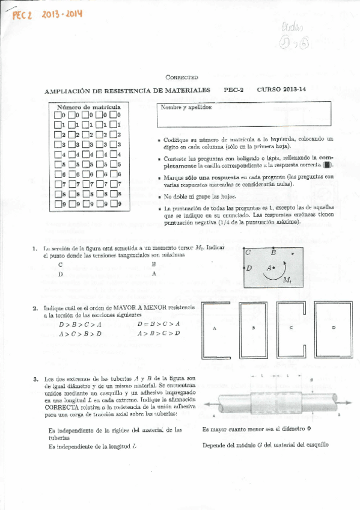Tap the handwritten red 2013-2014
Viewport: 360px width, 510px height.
pyautogui.click(x=62, y=14)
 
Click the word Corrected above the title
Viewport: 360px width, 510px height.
pyautogui.click(x=181, y=77)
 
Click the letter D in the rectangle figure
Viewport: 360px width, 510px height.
pyautogui.click(x=249, y=268)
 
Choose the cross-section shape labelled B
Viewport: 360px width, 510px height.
pyautogui.click(x=253, y=327)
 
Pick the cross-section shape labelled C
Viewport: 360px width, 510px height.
pyautogui.click(x=291, y=327)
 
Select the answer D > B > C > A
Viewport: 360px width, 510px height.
pyautogui.click(x=80, y=324)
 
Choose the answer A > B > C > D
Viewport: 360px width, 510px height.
pyautogui.click(x=158, y=333)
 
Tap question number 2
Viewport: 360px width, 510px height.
pyautogui.click(x=36, y=309)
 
